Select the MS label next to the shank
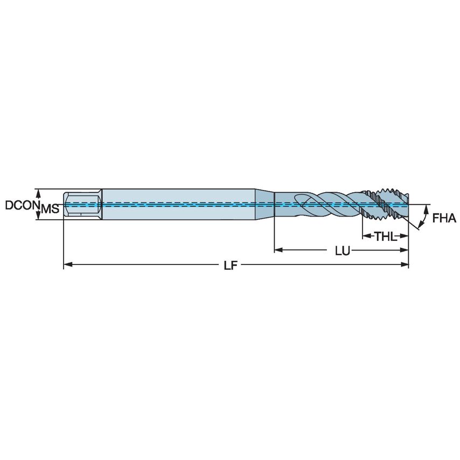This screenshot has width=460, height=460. click(50, 209)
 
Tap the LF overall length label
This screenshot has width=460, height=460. click(231, 266)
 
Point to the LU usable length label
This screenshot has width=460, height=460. click(341, 250)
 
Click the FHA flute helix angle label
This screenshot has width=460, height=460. click(444, 218)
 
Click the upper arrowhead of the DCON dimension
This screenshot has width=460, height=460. click(38, 192)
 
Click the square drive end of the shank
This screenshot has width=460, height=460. click(82, 204)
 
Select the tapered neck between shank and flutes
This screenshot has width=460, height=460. click(264, 205)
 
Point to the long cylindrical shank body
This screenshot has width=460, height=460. click(178, 204)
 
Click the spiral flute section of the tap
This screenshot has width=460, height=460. click(329, 205)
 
